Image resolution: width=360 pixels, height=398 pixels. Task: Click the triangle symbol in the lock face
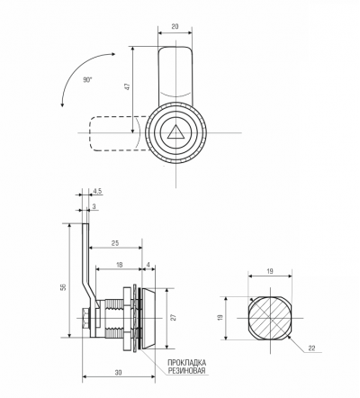click(x=175, y=133)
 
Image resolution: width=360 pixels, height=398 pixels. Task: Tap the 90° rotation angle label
click(x=88, y=80)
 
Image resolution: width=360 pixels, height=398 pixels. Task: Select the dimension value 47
click(x=128, y=87)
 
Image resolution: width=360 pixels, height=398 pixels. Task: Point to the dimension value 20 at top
click(x=175, y=26)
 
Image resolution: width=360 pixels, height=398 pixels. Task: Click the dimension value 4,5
click(x=98, y=191)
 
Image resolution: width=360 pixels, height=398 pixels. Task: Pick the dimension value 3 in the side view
click(x=94, y=206)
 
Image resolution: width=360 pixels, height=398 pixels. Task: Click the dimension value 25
click(x=115, y=243)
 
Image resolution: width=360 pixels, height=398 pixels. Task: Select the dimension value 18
click(x=119, y=265)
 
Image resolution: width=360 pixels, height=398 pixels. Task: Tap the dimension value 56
click(x=63, y=287)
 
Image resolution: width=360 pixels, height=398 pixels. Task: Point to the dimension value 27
click(x=174, y=318)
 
